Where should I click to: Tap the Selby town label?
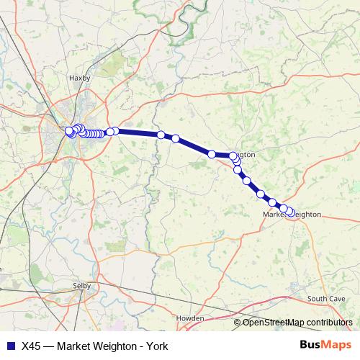pos(84,285)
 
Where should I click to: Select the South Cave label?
pos(322,297)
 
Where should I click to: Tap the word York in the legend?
pos(157,346)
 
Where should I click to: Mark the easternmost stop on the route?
pos(291,212)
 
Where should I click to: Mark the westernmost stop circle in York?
pos(68,131)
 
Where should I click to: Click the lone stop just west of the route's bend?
pos(212,154)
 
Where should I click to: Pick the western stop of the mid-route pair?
pos(161,135)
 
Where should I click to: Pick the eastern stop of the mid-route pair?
pos(175,138)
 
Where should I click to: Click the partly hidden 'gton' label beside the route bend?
pos(246,155)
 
